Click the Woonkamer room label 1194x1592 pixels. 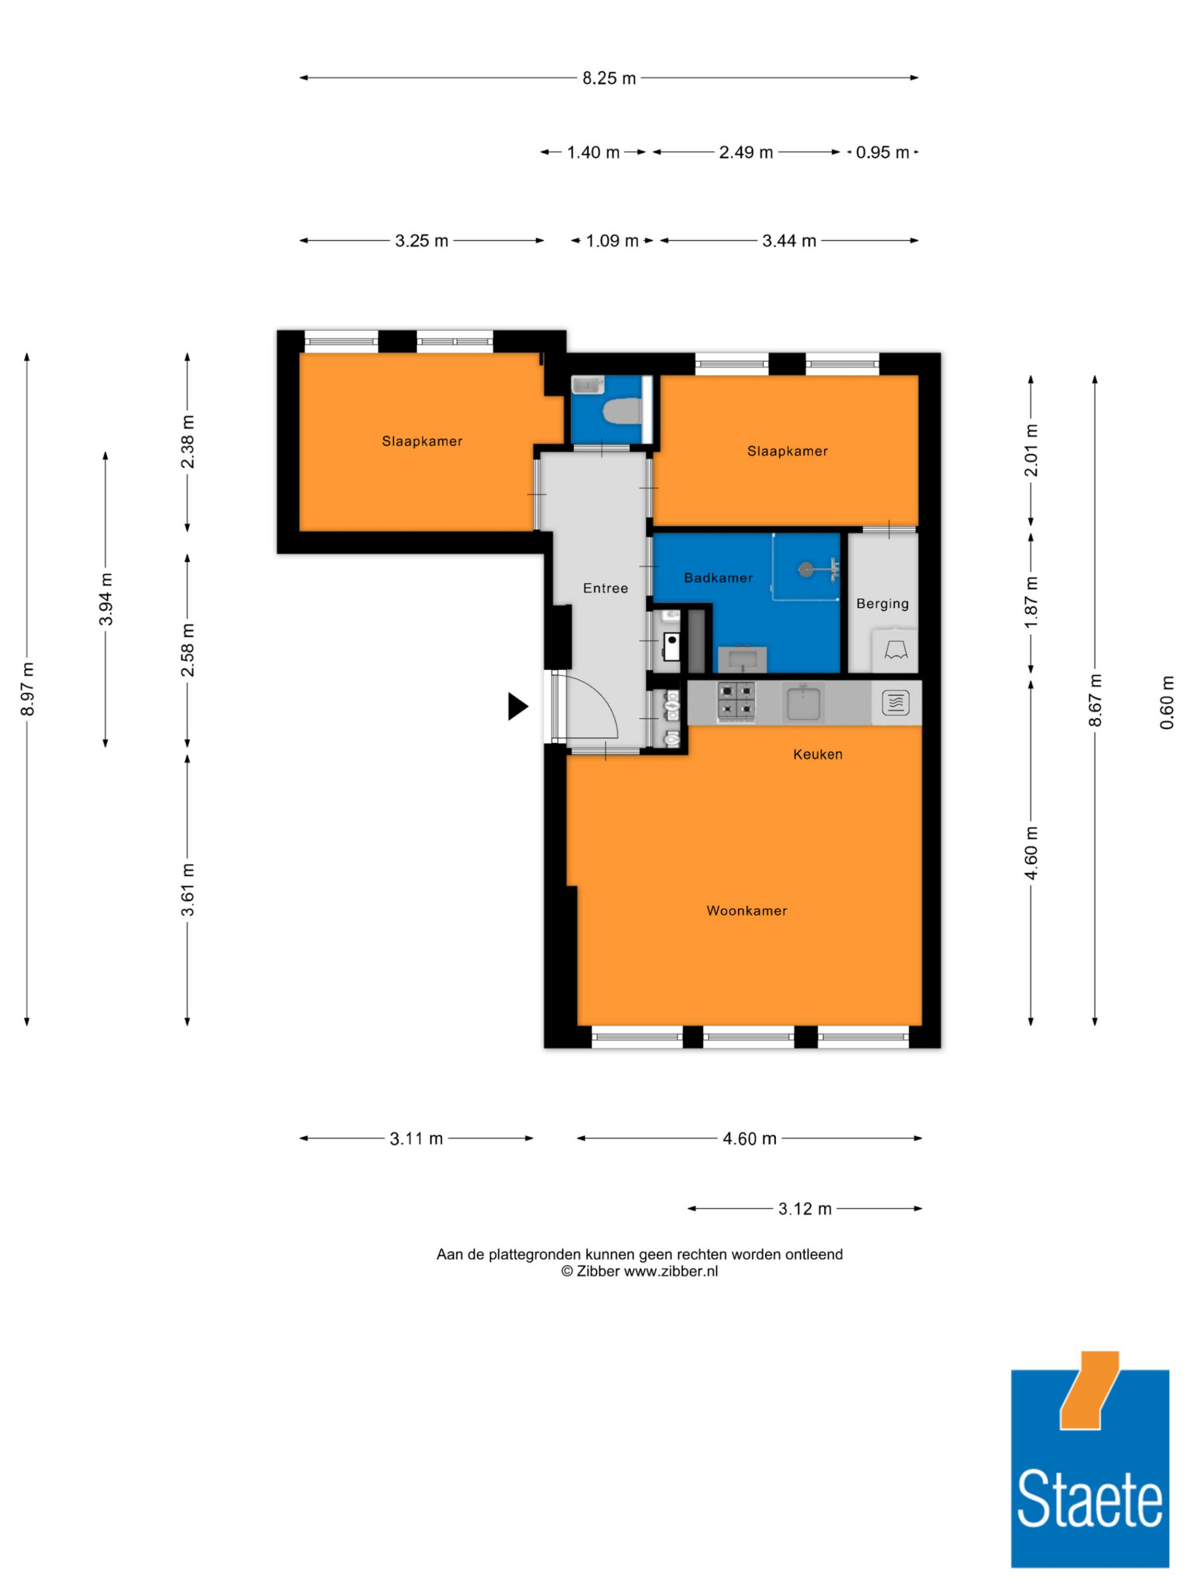pos(746,910)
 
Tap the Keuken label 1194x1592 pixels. pos(817,755)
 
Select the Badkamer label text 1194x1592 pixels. pos(718,578)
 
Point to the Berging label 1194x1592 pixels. pos(882,604)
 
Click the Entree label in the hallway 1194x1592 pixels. pos(605,588)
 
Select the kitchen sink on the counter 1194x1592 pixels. pos(805,703)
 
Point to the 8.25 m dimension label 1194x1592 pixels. pos(609,78)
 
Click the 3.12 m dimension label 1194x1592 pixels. pos(805,1208)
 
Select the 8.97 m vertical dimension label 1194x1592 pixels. pos(27,689)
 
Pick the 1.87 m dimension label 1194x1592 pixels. pos(1032,602)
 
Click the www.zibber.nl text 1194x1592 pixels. pos(671,1271)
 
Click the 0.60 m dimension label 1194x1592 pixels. pos(1167,703)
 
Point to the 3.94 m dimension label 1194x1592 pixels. pos(106,599)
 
